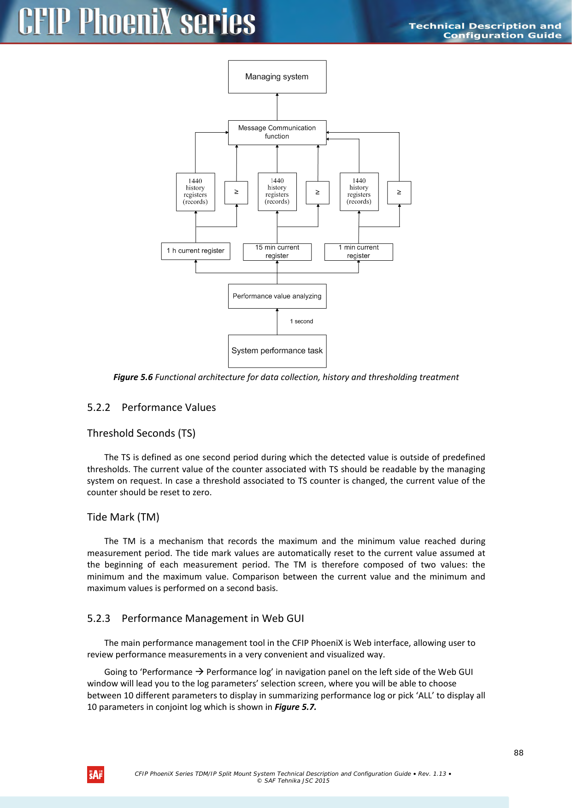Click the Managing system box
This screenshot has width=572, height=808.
point(277,77)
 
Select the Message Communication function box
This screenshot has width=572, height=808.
point(277,132)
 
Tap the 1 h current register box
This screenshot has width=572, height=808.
point(195,251)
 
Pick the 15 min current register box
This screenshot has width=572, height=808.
point(277,252)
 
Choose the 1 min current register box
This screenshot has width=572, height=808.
point(359,252)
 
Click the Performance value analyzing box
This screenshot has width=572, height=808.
point(277,296)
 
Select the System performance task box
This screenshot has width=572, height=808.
point(277,351)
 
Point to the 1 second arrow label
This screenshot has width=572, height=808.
point(301,322)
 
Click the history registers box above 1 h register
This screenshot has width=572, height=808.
point(195,192)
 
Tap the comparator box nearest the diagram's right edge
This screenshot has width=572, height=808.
point(399,193)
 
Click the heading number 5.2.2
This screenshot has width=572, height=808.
point(99,408)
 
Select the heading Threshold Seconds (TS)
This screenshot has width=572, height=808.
point(141,433)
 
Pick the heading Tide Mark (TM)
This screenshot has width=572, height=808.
point(123,517)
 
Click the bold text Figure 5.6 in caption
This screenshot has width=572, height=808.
point(133,377)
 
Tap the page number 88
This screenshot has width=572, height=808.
point(519,753)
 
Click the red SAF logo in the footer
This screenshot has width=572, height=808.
point(95,774)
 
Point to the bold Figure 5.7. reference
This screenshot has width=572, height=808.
point(295,707)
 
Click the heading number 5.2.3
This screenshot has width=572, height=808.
point(99,619)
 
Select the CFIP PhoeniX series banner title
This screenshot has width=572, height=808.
point(136,22)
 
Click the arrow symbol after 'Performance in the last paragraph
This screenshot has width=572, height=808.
point(200,672)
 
